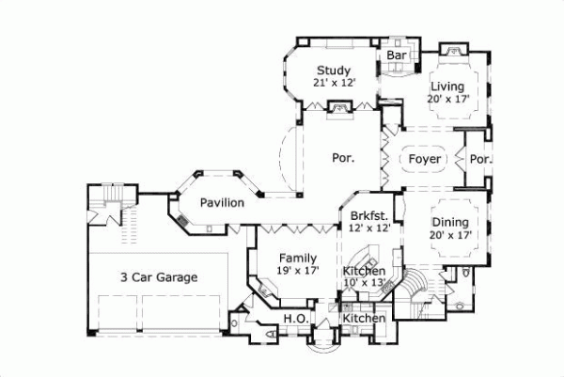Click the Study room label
pos(333,70)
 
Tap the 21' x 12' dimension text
pos(333,84)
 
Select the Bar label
pos(397,56)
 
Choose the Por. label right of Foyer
pos(480,159)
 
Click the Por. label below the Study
pos(342,158)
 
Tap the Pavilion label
pos(222,202)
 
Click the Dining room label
pos(450,222)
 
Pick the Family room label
pos(296,258)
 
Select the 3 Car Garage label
pos(158,277)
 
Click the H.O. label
pos(292,320)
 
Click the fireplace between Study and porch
pos(336,111)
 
